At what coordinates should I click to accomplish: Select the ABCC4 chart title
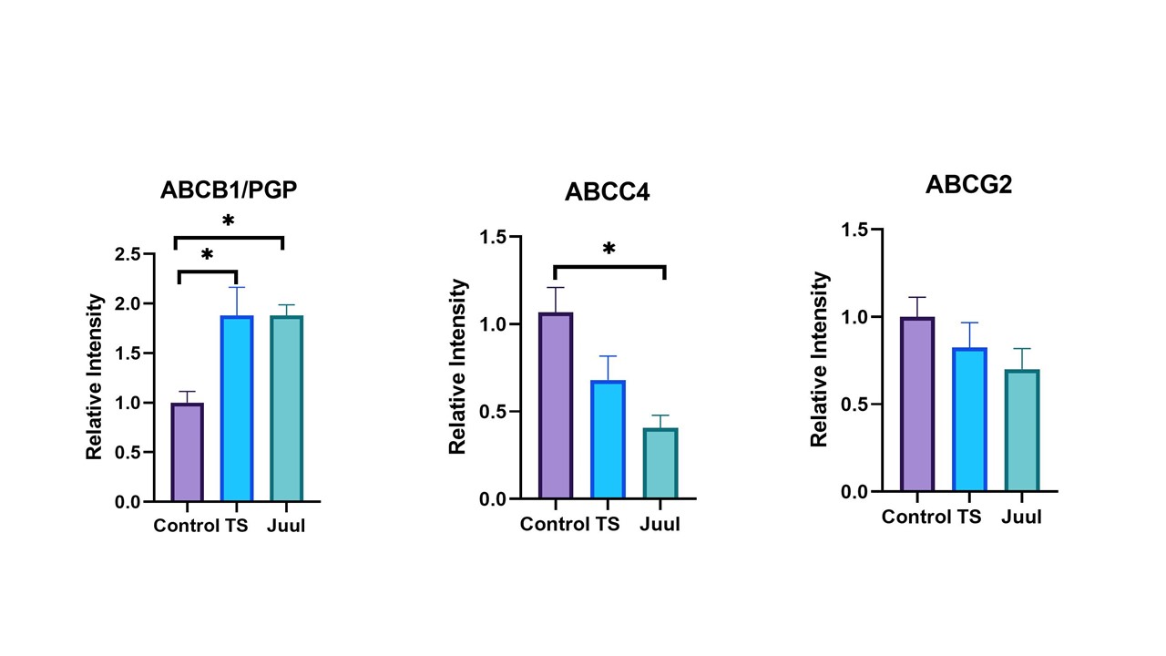[608, 192]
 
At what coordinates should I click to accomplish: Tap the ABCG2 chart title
[969, 185]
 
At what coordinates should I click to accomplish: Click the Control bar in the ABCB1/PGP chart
[188, 452]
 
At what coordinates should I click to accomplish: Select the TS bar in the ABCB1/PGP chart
[237, 409]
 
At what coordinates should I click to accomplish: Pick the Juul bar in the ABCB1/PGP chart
[286, 409]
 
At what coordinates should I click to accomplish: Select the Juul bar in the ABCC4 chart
[660, 464]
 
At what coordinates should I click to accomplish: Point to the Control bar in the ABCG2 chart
[917, 405]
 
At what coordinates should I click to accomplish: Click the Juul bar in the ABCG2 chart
[1022, 431]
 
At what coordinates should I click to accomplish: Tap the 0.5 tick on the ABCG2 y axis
[857, 405]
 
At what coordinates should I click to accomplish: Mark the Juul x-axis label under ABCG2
[1021, 518]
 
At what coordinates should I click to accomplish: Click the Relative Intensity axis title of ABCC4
[458, 367]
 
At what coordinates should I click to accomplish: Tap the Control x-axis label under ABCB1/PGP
[186, 526]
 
